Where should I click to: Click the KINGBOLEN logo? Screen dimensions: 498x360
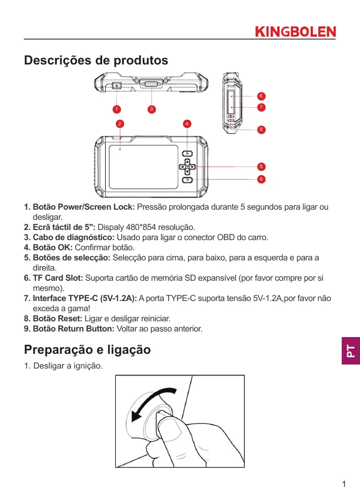coord(294,32)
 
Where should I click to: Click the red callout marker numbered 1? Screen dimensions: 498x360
coord(116,109)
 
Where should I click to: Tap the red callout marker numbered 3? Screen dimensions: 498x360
coord(151,109)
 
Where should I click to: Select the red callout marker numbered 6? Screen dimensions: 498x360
coord(260,96)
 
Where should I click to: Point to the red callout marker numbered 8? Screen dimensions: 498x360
coord(260,129)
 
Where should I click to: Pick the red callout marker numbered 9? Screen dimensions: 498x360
coord(260,179)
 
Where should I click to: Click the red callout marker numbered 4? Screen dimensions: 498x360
coord(187,123)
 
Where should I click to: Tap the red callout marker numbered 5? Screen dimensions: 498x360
coord(260,167)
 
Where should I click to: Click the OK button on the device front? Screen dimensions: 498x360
coord(187,154)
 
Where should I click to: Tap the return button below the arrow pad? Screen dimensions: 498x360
coord(187,180)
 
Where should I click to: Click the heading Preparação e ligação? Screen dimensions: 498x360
coord(87,350)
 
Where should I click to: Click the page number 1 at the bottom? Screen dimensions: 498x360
coord(344,484)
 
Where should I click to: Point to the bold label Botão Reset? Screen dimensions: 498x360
coord(57,318)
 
